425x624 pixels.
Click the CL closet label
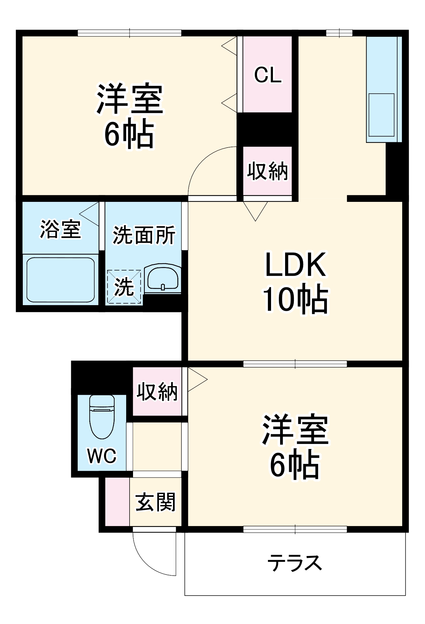pyautogui.click(x=268, y=75)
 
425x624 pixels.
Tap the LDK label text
pyautogui.click(x=295, y=265)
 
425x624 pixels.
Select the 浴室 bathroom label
pyautogui.click(x=61, y=230)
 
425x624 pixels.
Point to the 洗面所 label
pyautogui.click(x=144, y=235)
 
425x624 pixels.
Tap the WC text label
pyautogui.click(x=102, y=456)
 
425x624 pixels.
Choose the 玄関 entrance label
pyautogui.click(x=156, y=502)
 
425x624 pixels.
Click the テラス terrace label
pyautogui.click(x=294, y=563)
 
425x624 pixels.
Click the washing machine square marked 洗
pyautogui.click(x=124, y=287)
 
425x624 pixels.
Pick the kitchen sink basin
pyautogui.click(x=381, y=115)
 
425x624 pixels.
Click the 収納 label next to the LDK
pyautogui.click(x=268, y=171)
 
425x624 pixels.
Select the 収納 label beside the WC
pyautogui.click(x=157, y=392)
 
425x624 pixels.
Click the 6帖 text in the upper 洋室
pyautogui.click(x=129, y=135)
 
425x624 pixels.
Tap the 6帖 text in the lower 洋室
pyautogui.click(x=295, y=466)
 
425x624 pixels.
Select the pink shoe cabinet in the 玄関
pyautogui.click(x=117, y=502)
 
